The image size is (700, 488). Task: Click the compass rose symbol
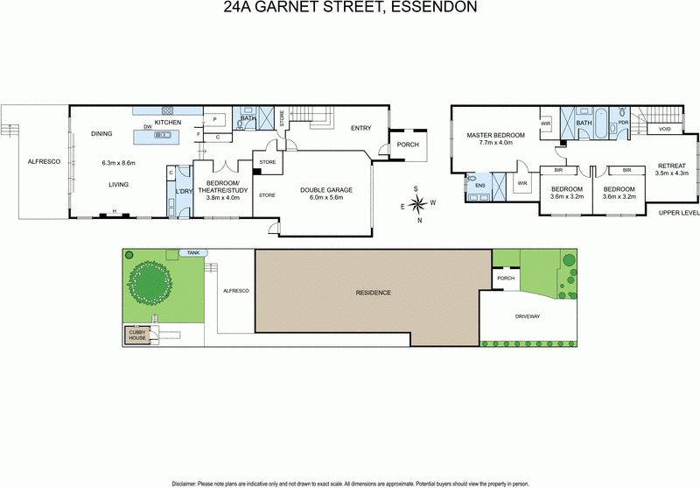tap(420, 203)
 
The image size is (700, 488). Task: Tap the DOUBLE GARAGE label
tap(325, 189)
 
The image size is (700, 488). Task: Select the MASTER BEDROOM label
tap(495, 136)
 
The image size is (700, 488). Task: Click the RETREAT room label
tap(672, 166)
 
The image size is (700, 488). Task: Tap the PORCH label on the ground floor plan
tap(408, 145)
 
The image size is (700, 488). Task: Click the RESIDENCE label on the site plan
tap(373, 292)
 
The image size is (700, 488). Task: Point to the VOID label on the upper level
tap(664, 130)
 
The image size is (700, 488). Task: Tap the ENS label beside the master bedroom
tap(479, 186)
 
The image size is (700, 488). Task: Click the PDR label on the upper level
tap(623, 123)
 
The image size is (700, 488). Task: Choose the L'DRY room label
tap(183, 192)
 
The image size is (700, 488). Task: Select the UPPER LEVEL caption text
tap(679, 213)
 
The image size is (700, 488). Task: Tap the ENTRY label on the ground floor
tap(360, 128)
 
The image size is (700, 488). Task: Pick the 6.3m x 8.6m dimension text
tap(121, 163)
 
